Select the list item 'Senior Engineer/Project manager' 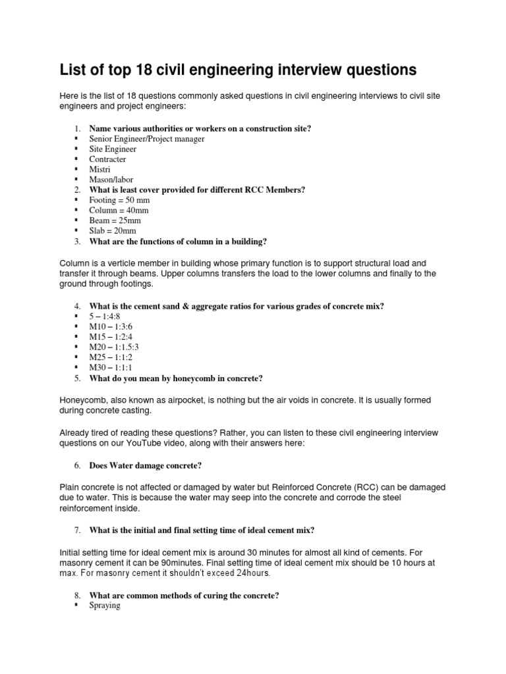click(x=147, y=139)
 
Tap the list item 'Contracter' click(x=107, y=159)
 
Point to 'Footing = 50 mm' click(x=119, y=199)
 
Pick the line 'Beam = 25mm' click(x=115, y=220)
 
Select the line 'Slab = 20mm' click(x=113, y=230)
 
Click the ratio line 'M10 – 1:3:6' click(x=114, y=326)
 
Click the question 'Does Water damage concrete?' click(x=145, y=465)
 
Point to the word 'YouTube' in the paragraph click(x=140, y=442)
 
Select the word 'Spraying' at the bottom click(x=105, y=606)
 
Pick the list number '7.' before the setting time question click(x=77, y=531)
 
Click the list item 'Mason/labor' click(x=111, y=180)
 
